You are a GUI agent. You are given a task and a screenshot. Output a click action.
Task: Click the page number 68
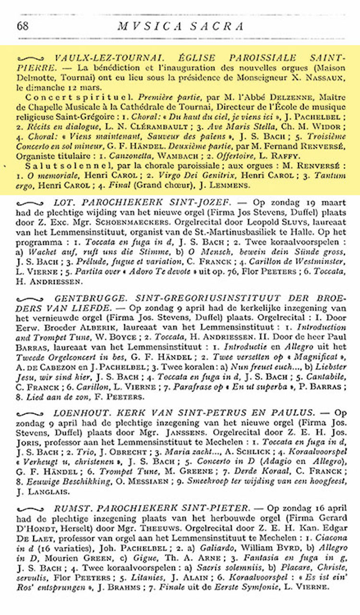pyautogui.click(x=23, y=26)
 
